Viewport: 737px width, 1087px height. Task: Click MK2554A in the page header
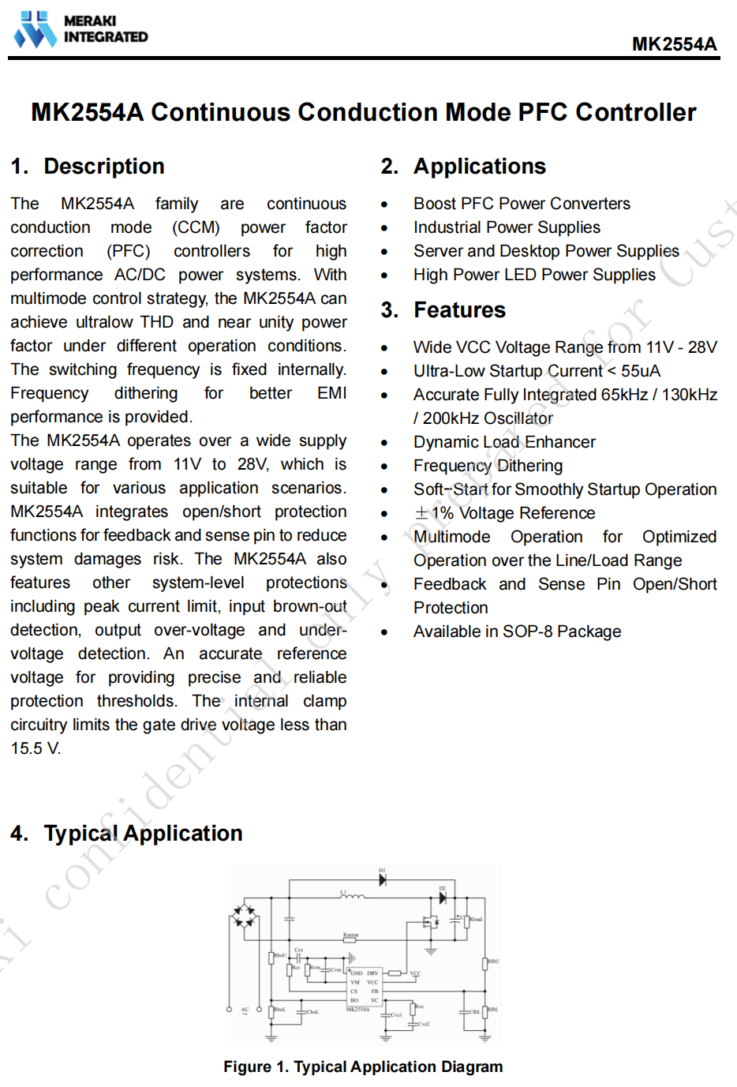click(674, 44)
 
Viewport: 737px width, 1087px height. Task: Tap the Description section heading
click(103, 167)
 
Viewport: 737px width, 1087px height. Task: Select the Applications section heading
click(479, 167)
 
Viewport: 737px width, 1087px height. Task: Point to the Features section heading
click(459, 310)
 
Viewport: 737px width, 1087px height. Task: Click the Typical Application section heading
click(143, 834)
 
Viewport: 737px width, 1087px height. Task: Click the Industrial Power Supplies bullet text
click(507, 227)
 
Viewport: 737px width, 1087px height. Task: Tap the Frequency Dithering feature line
click(488, 466)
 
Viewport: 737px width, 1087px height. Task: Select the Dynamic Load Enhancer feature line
click(504, 442)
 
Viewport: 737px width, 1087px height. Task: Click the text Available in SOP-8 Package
click(517, 632)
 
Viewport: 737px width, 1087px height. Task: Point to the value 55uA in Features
click(641, 371)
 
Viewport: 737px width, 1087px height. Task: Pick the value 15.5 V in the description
click(35, 748)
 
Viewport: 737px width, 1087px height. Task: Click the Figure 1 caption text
click(363, 1067)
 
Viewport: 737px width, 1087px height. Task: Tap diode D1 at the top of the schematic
click(383, 879)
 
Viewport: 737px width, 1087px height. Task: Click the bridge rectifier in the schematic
click(243, 917)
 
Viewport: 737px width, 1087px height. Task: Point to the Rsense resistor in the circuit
click(351, 940)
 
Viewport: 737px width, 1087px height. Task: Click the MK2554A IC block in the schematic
click(364, 987)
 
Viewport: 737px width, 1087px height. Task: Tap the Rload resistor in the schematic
click(467, 920)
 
